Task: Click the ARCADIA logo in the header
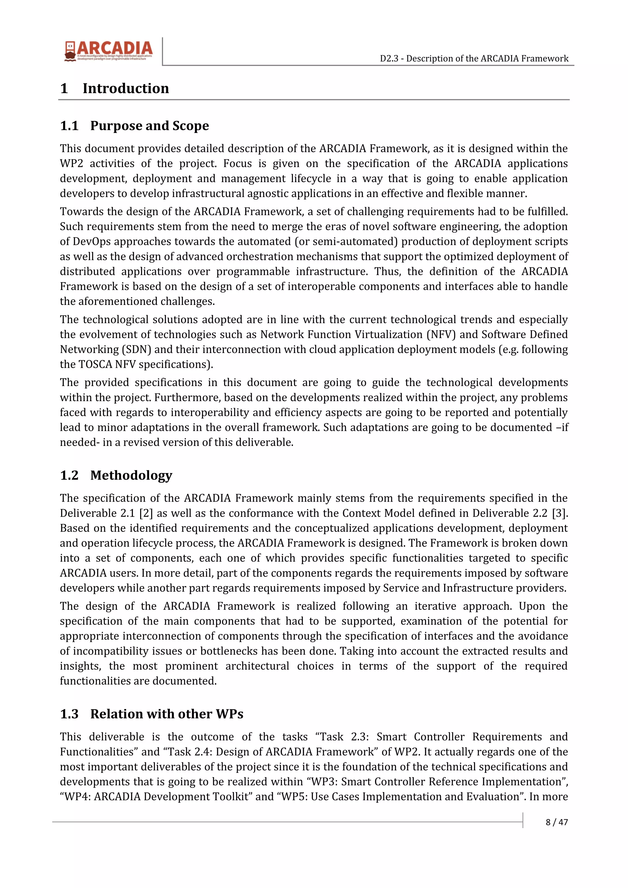(109, 51)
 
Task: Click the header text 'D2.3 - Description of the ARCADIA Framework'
(474, 59)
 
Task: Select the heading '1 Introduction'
(115, 88)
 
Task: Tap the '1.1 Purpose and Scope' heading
(134, 126)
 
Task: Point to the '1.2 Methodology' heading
(116, 475)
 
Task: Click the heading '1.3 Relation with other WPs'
(152, 714)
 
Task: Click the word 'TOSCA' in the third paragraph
(95, 364)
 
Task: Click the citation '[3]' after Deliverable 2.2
(560, 513)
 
